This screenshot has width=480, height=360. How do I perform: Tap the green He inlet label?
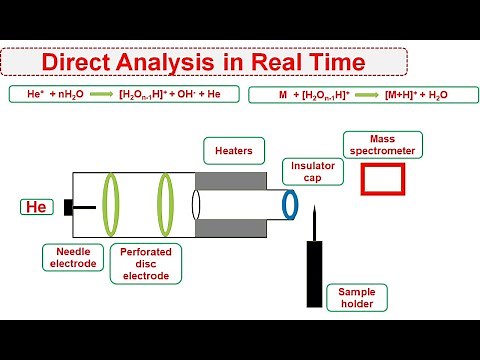click(x=35, y=207)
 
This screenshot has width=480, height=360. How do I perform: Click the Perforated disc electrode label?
click(x=147, y=262)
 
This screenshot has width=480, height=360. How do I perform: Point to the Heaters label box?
click(x=232, y=150)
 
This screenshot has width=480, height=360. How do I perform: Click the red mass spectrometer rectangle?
click(x=381, y=180)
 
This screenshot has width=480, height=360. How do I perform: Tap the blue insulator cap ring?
click(x=290, y=203)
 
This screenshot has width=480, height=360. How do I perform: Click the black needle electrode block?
click(x=68, y=207)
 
